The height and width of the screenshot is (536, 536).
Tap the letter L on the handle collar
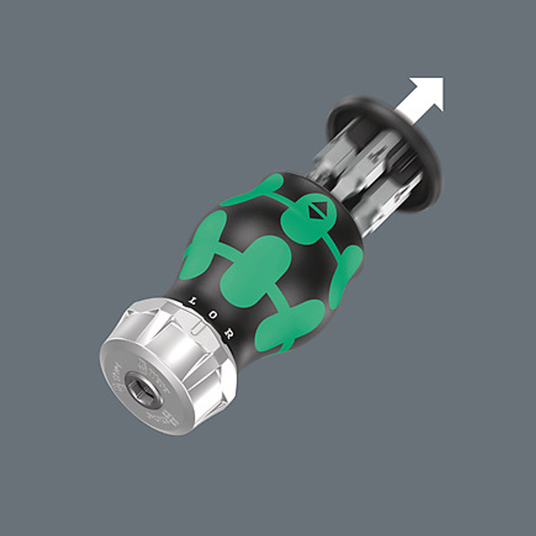pyautogui.click(x=193, y=300)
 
